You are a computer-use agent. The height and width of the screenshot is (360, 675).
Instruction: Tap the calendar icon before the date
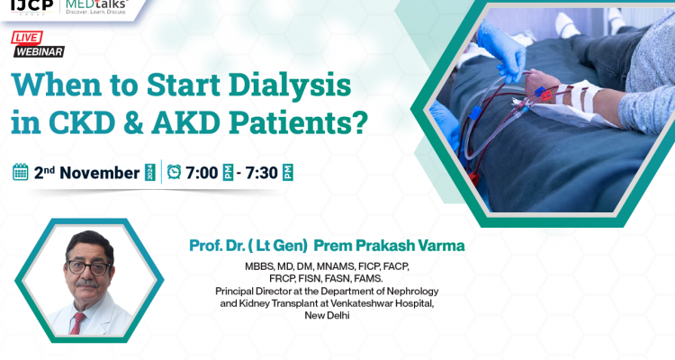click(x=20, y=172)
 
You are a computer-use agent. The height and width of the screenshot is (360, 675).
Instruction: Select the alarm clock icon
click(x=174, y=172)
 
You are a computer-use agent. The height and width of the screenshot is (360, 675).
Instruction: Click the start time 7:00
click(x=202, y=172)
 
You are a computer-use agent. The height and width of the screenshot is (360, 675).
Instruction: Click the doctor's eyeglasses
click(x=86, y=269)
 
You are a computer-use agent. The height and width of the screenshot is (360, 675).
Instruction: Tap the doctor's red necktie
click(x=78, y=323)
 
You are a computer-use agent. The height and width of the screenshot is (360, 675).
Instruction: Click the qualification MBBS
click(x=262, y=267)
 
